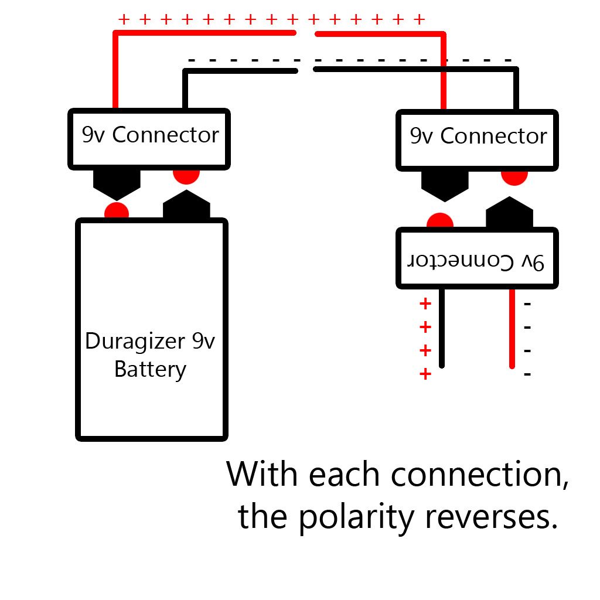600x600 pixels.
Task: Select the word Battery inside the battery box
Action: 150,370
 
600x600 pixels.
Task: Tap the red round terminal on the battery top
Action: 116,212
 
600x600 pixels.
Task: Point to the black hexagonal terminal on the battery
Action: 186,206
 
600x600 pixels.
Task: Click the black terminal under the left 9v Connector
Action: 117,183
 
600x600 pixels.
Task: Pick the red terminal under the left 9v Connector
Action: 186,175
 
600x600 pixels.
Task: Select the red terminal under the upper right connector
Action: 514,175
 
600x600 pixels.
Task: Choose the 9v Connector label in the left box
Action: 150,135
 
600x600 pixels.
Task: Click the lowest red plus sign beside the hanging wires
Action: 425,374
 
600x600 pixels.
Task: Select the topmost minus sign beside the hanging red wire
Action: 527,304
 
